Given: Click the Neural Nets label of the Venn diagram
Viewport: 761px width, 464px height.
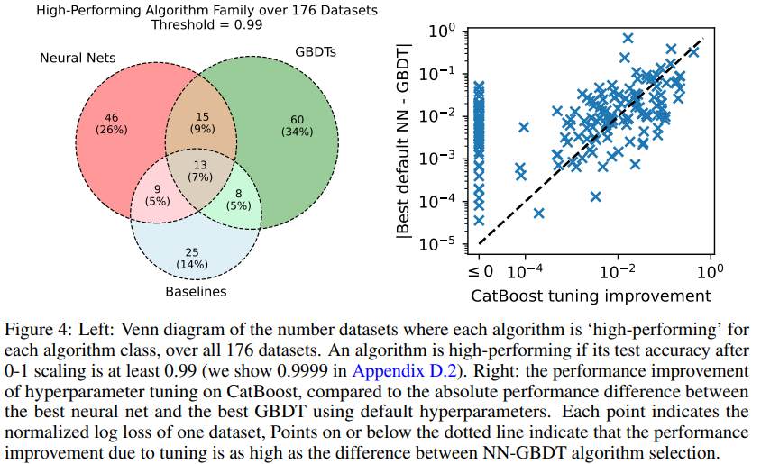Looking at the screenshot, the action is (78, 59).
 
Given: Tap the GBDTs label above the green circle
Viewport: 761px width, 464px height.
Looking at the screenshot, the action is (316, 52).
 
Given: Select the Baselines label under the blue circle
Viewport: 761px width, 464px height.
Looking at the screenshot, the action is (196, 291).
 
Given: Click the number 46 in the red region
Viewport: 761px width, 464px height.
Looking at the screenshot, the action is (112, 117).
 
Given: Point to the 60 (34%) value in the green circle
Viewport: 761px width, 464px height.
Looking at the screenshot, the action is (297, 125).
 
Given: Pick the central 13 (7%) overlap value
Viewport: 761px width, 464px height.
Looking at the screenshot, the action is (200, 171).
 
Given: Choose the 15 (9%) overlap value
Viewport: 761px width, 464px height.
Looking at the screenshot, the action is (202, 123).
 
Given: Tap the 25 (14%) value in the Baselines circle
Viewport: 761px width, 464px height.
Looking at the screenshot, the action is (192, 259).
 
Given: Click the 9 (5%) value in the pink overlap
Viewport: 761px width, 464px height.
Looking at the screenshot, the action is (157, 196).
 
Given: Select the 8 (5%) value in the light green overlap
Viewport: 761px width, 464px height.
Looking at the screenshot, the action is (238, 200).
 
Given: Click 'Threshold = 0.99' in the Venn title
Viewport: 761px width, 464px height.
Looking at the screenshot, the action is (206, 24).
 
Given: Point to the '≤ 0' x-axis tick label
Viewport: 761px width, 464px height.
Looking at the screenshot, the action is (481, 271).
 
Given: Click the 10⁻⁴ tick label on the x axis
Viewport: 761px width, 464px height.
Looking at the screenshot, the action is (525, 271).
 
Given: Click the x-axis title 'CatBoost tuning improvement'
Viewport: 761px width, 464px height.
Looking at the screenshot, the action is (591, 296).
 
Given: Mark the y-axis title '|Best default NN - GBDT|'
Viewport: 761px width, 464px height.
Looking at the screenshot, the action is (403, 141).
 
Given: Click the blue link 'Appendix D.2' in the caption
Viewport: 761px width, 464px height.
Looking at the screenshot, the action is (404, 371).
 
